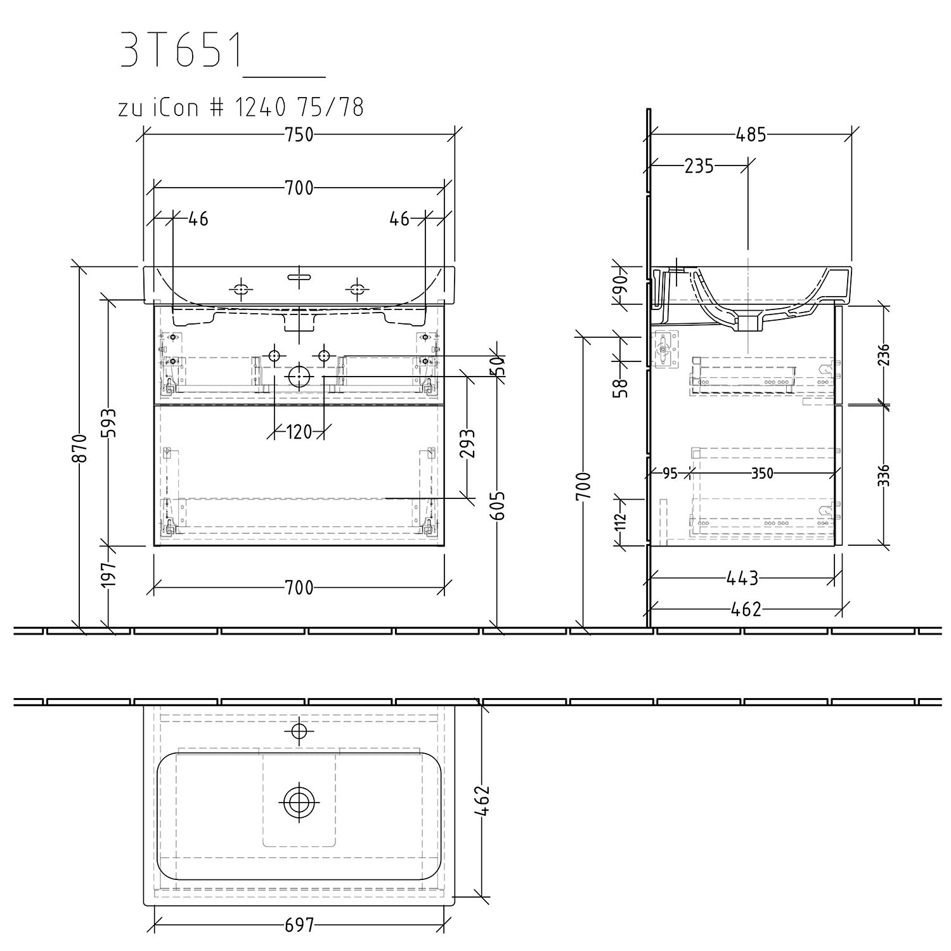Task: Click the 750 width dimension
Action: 299,135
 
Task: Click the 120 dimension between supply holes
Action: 299,432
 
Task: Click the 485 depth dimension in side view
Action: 751,135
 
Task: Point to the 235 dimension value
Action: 699,166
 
